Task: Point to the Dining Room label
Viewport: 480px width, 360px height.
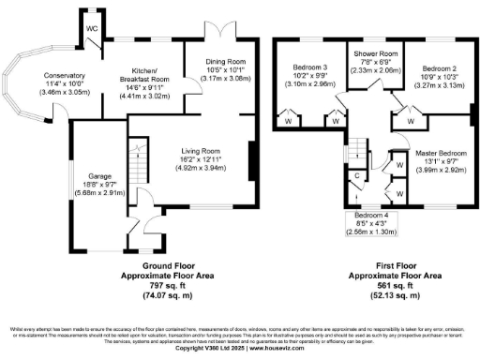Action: coord(225,62)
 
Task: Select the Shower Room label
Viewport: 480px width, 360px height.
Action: coord(368,55)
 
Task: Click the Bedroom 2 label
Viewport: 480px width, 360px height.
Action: coord(439,69)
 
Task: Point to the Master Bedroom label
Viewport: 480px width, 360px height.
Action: coord(441,152)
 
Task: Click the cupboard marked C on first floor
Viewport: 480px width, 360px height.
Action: coord(358,174)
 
